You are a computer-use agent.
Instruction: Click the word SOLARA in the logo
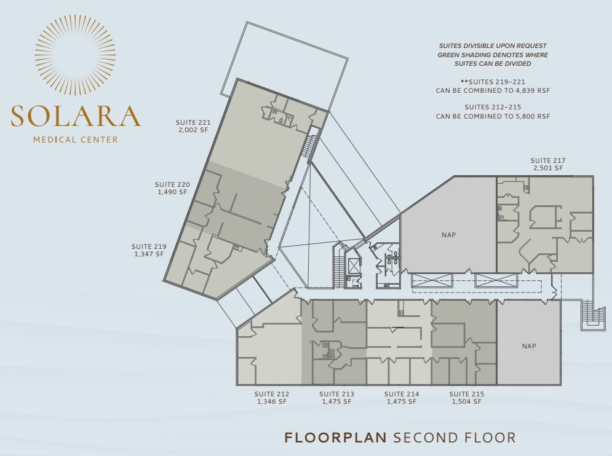tap(76, 116)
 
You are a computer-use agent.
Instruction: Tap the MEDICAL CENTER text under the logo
tap(76, 140)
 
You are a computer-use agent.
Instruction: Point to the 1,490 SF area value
tap(172, 192)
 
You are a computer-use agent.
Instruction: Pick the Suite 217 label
tap(548, 160)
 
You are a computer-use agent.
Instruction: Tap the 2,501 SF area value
tap(548, 168)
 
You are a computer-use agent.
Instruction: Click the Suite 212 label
tap(272, 394)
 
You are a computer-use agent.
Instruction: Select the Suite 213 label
tap(336, 394)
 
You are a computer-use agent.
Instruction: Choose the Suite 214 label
tap(402, 394)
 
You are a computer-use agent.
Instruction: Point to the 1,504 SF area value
tap(466, 401)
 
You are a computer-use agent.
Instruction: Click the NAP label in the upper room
tap(448, 235)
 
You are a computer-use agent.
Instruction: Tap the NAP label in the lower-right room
tap(529, 346)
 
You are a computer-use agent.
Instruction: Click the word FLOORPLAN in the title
tap(335, 438)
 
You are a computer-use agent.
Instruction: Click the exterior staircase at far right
tap(593, 315)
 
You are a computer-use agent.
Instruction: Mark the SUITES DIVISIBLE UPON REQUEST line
tap(492, 46)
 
